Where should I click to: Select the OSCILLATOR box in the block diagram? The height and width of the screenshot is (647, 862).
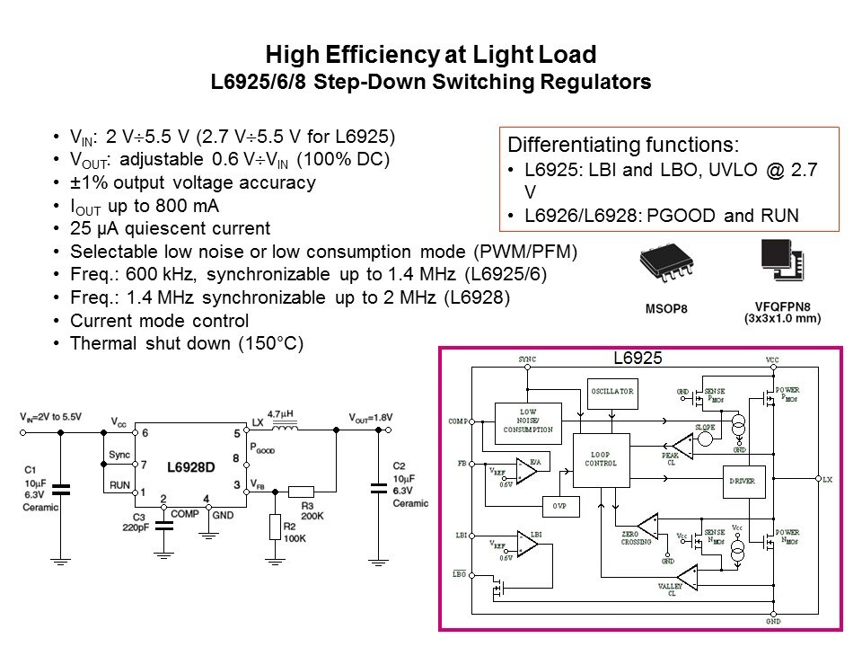(x=611, y=392)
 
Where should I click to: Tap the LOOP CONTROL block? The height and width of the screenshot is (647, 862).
(x=601, y=460)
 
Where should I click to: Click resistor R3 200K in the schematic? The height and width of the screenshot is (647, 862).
(x=302, y=492)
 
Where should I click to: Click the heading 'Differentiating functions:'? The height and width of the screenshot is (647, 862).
(x=624, y=146)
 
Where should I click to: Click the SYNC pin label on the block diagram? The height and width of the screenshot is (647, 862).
(x=526, y=359)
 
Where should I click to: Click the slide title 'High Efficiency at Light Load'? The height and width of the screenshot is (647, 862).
(x=431, y=56)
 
